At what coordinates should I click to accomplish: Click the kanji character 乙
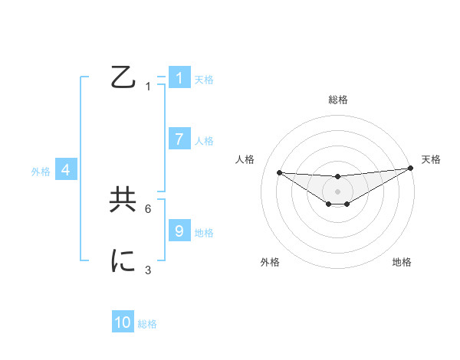123,78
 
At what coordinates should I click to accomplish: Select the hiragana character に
123,261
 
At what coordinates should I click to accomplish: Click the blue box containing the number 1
179,78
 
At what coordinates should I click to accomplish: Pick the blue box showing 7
179,139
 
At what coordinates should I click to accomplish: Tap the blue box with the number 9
179,231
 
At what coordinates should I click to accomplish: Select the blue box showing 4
66,170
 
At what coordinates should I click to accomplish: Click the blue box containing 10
123,322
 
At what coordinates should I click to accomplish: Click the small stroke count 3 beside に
148,270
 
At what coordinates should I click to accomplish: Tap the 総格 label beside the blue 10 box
147,324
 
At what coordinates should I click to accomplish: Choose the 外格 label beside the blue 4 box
41,172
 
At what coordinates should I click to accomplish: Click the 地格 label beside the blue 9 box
204,233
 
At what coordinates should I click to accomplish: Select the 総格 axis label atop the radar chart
337,100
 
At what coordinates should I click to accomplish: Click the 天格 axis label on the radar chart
432,159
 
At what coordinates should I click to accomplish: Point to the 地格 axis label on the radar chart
402,262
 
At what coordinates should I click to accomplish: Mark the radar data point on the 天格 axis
410,168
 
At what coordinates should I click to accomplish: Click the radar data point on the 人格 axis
279,172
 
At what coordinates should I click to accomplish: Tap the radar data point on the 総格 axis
337,176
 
